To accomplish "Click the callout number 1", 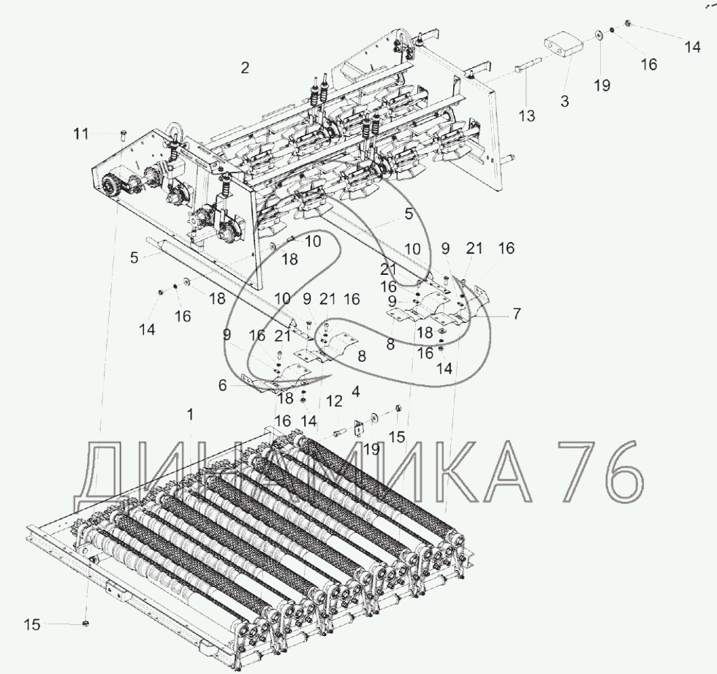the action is pos(191,414).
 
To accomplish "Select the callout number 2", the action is pos(245,68).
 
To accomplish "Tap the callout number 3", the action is pos(565,102).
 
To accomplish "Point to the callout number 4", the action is pos(356,393).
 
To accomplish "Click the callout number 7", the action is pos(516,314).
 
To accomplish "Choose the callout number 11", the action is pos(81,134).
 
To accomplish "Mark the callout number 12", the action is pos(334,401).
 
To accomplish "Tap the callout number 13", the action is pos(527,115).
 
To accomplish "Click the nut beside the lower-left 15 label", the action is pos(86,624).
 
